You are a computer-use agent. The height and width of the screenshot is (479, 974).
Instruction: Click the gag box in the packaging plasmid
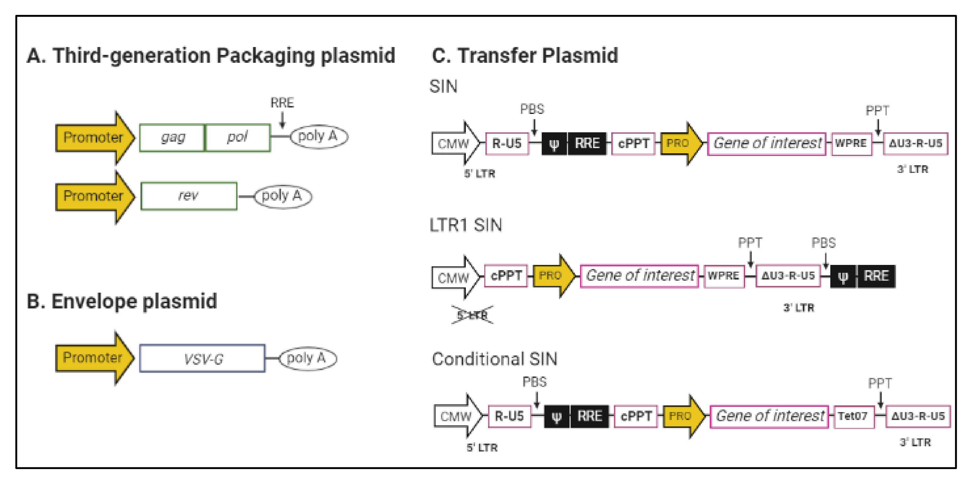tap(172, 138)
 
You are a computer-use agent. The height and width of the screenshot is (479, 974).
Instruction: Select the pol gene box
tap(237, 138)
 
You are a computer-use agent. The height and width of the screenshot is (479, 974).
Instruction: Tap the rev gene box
tap(189, 196)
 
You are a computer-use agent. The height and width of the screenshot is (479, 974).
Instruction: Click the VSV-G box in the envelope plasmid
tap(202, 358)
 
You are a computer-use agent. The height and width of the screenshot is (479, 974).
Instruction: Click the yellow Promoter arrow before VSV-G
tap(93, 357)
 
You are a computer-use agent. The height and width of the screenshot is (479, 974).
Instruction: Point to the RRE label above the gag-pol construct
tap(282, 103)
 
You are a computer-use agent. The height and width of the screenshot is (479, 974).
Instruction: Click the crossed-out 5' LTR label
tap(472, 315)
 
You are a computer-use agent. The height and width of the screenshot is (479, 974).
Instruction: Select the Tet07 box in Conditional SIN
tap(853, 416)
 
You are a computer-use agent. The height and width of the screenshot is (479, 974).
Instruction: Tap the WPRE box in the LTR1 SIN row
tap(724, 276)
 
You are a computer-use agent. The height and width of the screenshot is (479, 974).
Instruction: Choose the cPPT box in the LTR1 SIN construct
tap(506, 276)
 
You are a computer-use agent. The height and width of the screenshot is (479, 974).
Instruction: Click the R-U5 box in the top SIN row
tap(507, 144)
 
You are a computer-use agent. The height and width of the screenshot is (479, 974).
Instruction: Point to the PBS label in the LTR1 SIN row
tap(824, 243)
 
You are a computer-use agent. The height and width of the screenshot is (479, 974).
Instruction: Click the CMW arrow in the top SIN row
tap(454, 144)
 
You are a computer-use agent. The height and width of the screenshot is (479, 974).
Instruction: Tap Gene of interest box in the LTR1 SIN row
tap(639, 276)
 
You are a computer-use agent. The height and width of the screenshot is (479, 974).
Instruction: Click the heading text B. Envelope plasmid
tap(122, 301)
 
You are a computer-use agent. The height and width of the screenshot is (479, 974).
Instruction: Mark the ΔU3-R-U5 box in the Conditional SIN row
tap(918, 416)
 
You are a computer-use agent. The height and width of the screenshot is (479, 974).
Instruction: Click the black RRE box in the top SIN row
tap(587, 144)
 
